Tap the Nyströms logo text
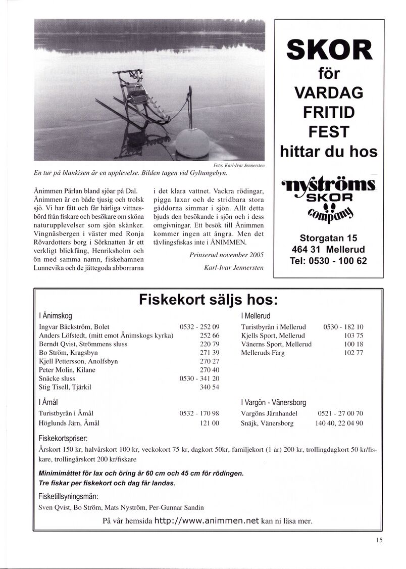[x=329, y=187]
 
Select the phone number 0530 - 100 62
[x=329, y=261]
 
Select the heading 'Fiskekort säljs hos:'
[x=208, y=300]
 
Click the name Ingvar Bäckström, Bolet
[x=74, y=327]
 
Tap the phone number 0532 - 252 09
[x=199, y=327]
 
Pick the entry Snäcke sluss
[x=57, y=378]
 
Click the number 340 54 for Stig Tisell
[x=209, y=387]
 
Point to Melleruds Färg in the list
[x=263, y=353]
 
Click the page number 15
[x=379, y=539]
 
